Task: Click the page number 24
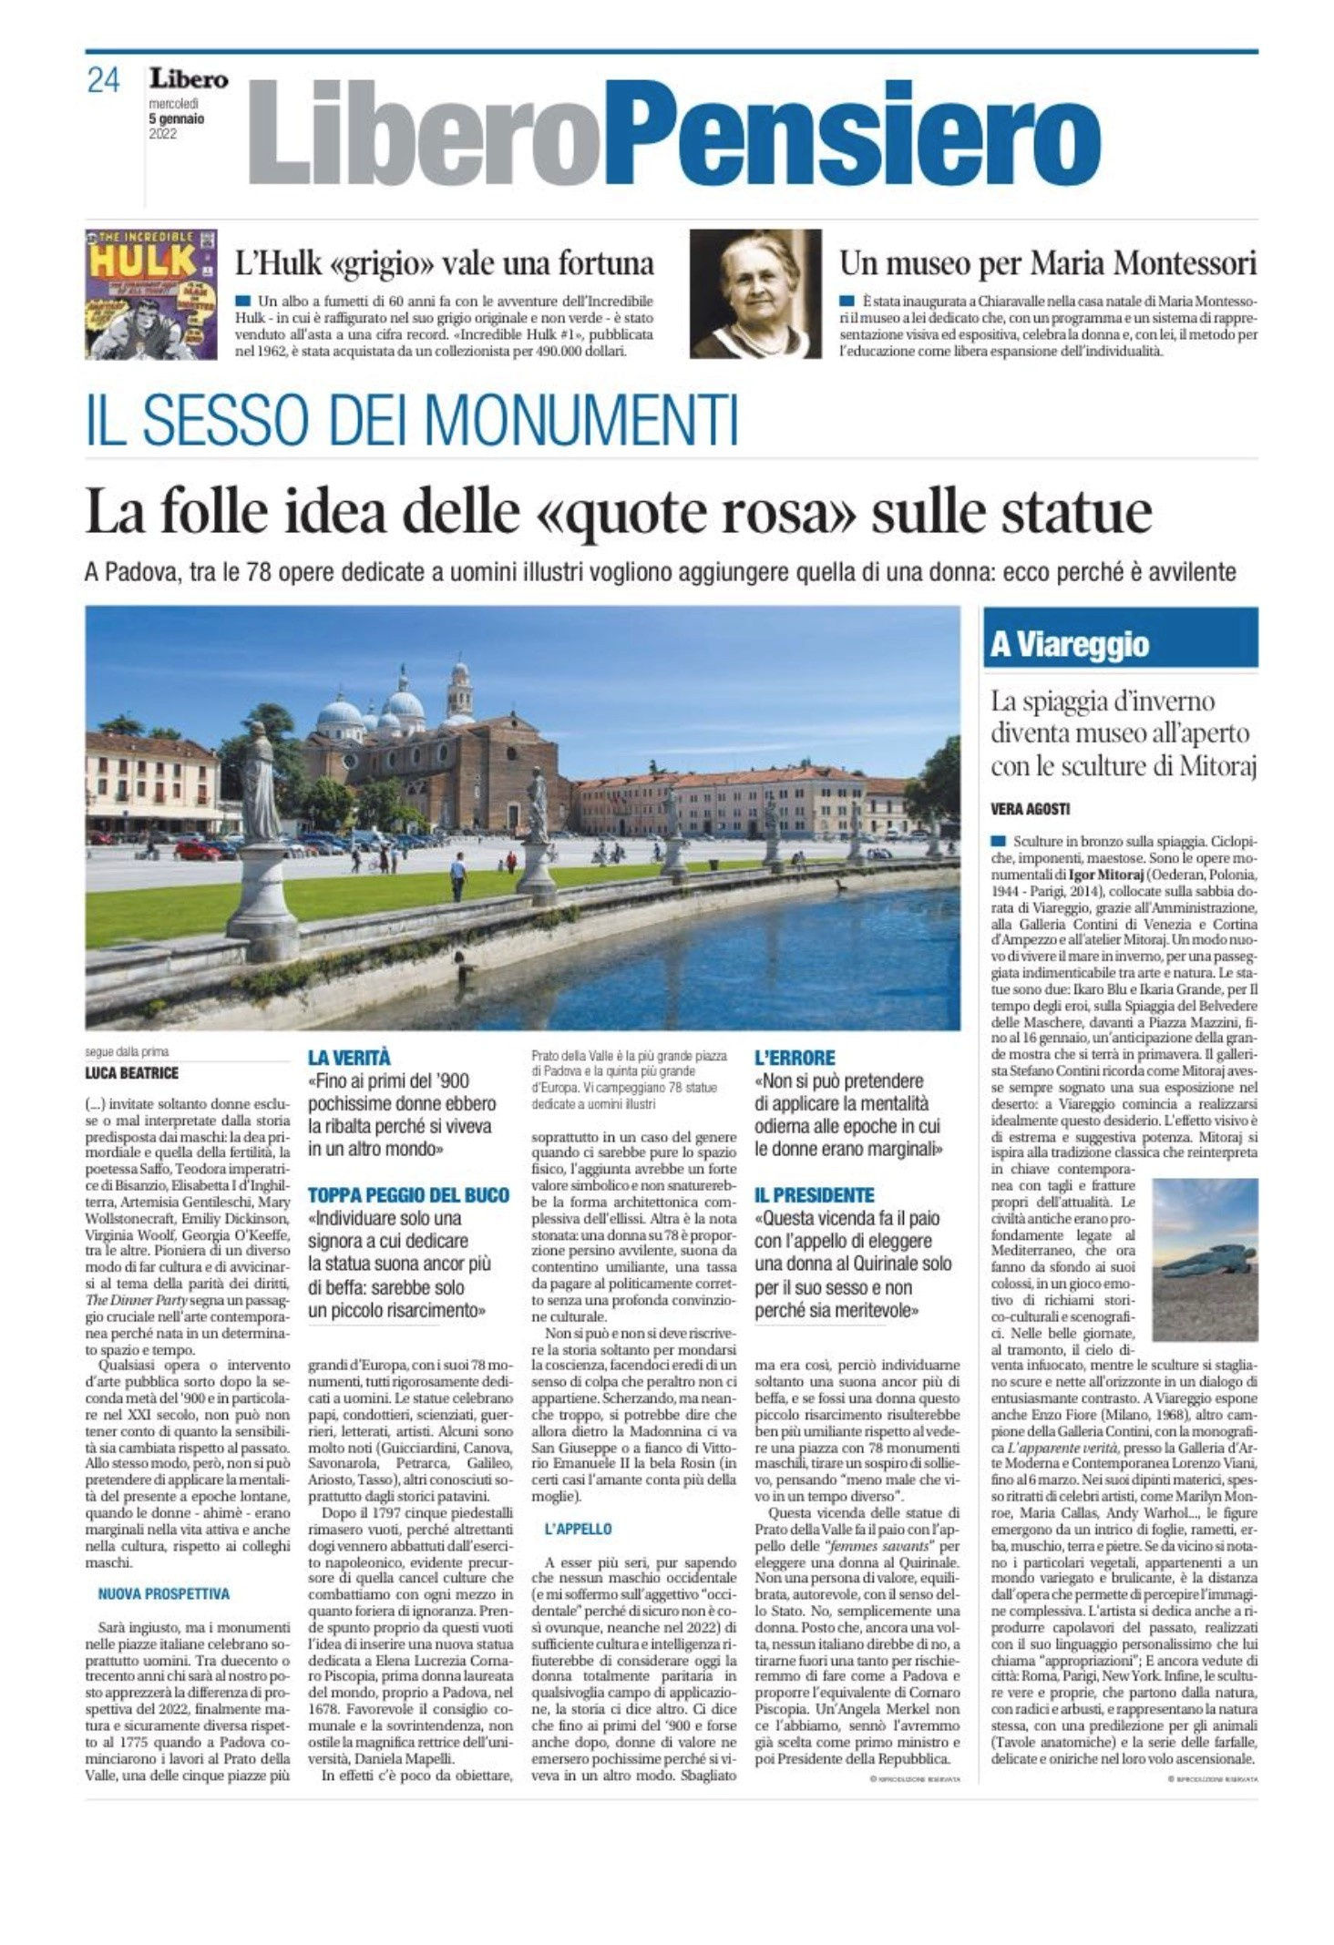coord(103,80)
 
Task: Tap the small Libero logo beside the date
coord(189,80)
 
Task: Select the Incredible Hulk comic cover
coord(151,293)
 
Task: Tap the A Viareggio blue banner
coord(1120,643)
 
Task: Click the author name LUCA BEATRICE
coord(132,1073)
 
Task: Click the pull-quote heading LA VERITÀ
coord(349,1057)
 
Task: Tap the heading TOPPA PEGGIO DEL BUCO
coord(408,1195)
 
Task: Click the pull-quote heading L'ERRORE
coord(795,1058)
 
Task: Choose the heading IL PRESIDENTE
coord(815,1195)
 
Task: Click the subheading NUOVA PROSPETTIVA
coord(164,1593)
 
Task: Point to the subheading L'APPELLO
coord(579,1529)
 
